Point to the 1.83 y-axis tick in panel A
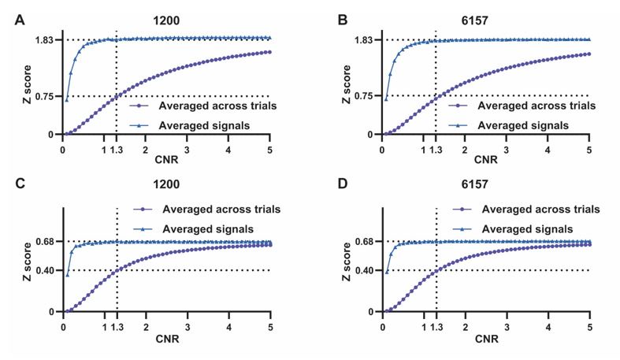43,39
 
